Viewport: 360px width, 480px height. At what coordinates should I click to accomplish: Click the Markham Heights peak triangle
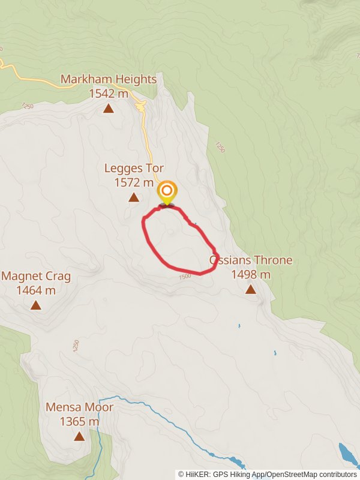(x=109, y=109)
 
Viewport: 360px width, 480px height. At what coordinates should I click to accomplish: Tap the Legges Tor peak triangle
(x=133, y=197)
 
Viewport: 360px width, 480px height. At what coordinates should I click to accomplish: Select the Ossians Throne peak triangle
(x=250, y=290)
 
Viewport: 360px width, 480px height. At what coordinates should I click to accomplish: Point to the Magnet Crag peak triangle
(x=36, y=305)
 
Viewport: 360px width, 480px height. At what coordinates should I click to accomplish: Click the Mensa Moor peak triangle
(x=79, y=436)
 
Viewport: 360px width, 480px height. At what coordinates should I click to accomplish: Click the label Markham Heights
(x=109, y=79)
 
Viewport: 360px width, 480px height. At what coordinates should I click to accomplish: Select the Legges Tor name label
(x=134, y=169)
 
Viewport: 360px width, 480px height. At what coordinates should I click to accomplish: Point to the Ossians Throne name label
(x=251, y=260)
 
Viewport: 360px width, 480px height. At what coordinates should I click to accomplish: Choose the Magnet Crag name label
(x=36, y=277)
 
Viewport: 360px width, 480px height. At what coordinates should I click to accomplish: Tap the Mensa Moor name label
(x=79, y=407)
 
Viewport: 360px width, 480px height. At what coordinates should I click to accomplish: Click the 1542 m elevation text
(x=109, y=94)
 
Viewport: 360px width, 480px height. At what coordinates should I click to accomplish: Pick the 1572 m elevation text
(x=134, y=182)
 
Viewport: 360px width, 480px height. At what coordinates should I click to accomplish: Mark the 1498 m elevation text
(x=251, y=275)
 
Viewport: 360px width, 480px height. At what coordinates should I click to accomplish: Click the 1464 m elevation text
(x=36, y=290)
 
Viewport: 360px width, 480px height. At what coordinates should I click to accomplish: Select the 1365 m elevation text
(x=79, y=422)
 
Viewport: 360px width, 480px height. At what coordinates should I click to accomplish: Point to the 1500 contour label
(x=185, y=275)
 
